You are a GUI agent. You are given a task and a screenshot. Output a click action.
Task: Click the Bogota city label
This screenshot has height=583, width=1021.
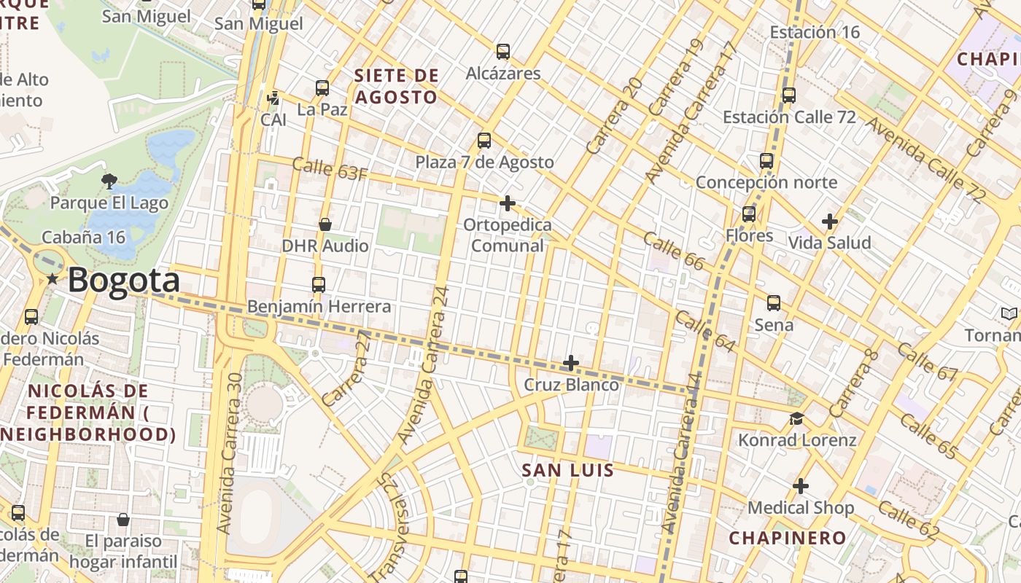pos(124,281)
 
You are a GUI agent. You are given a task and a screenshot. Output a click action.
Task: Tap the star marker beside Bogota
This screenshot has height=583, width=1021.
pos(52,279)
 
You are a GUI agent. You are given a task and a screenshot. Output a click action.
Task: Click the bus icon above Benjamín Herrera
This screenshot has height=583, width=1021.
pos(318,285)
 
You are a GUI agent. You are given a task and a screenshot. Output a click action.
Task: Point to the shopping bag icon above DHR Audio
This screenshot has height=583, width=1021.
pos(325,224)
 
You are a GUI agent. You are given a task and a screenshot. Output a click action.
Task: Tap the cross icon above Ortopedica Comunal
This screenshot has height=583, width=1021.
pos(508,203)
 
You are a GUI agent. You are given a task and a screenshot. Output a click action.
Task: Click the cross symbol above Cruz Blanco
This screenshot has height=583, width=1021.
pos(571,363)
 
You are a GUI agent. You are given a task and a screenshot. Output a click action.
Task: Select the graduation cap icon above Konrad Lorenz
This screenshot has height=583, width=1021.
pos(796,419)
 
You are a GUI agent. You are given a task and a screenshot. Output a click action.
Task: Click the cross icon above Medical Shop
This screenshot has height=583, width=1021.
pos(801,486)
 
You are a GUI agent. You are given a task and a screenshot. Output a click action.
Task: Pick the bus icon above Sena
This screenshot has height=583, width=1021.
pos(774,303)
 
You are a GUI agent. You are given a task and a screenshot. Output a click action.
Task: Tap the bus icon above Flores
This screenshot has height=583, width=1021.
pos(749,214)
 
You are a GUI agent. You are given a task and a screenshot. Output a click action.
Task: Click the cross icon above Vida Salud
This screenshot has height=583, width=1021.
pos(829,221)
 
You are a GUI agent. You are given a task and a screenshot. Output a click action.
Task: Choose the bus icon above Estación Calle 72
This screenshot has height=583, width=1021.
pos(788,95)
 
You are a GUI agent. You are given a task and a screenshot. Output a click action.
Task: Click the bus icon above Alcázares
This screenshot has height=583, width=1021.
pos(503,52)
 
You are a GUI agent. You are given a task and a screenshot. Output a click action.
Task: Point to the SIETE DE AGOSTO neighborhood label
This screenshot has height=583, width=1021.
pos(396,86)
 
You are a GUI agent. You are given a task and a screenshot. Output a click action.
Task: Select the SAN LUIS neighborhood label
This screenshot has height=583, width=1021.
pos(568,470)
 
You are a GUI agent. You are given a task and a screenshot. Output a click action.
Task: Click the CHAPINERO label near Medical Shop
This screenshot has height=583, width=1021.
pos(788,538)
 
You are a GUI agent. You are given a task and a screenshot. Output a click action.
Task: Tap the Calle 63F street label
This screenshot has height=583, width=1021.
pos(330,169)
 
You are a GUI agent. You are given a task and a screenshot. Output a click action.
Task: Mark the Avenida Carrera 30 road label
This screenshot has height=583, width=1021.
pos(229,453)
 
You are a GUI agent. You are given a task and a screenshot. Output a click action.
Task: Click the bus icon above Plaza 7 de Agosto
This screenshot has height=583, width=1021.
pos(484,141)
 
